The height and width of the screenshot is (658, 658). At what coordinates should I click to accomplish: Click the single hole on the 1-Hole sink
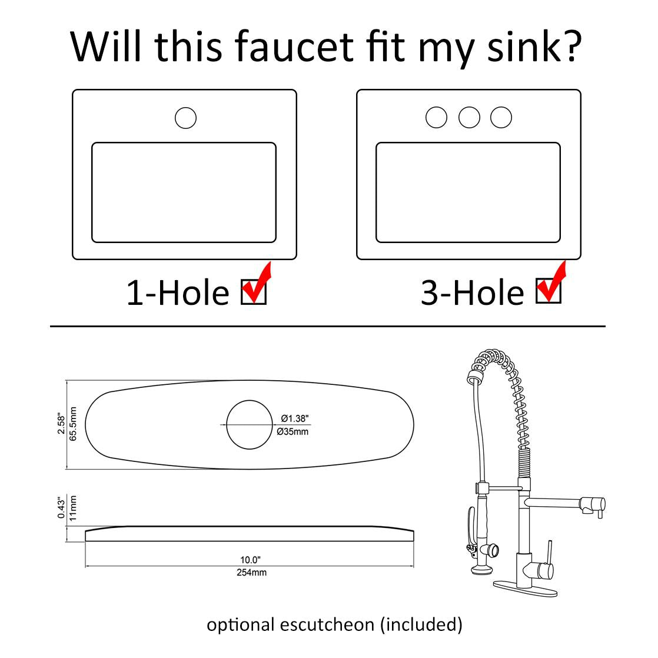(x=185, y=118)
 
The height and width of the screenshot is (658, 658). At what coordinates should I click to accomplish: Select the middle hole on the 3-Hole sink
(x=469, y=118)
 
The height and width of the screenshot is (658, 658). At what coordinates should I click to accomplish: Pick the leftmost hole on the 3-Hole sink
(x=437, y=118)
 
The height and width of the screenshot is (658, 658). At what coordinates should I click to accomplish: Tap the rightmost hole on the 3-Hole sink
(x=501, y=118)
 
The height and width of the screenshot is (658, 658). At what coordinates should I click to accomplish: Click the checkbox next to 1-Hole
(x=254, y=292)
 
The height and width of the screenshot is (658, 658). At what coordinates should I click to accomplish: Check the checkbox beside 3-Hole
(x=549, y=291)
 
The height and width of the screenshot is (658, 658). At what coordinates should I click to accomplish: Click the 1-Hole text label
(x=178, y=293)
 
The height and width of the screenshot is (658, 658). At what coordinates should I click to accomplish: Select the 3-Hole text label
(x=473, y=292)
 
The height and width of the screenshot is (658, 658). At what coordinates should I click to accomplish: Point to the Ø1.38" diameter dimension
(x=295, y=418)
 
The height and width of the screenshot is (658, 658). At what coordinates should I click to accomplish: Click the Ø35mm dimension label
(x=293, y=431)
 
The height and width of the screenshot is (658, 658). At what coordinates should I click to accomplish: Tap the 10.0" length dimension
(x=250, y=560)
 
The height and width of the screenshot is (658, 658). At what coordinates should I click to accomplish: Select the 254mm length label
(x=251, y=573)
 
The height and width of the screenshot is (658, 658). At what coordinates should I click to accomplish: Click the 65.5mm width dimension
(x=73, y=424)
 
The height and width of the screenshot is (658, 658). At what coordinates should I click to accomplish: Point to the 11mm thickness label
(x=73, y=509)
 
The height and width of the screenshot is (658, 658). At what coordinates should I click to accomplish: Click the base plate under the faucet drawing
(x=525, y=589)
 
